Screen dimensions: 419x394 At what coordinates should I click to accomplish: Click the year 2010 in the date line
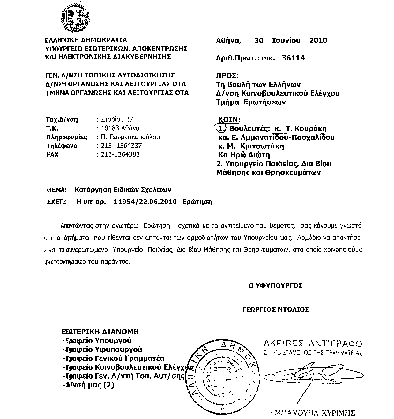[318, 40]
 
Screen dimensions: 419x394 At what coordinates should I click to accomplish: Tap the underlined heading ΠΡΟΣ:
[227, 76]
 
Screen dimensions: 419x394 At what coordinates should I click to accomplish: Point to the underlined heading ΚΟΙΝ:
[229, 120]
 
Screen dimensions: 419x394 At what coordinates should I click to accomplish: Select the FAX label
[53, 155]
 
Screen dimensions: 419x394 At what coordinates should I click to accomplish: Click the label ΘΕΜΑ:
[56, 190]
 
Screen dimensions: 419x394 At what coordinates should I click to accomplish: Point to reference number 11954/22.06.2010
[145, 202]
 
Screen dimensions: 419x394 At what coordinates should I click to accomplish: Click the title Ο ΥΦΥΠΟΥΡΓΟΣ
[275, 286]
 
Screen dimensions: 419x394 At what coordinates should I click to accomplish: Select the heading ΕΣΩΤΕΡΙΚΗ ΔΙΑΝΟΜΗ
[100, 331]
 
